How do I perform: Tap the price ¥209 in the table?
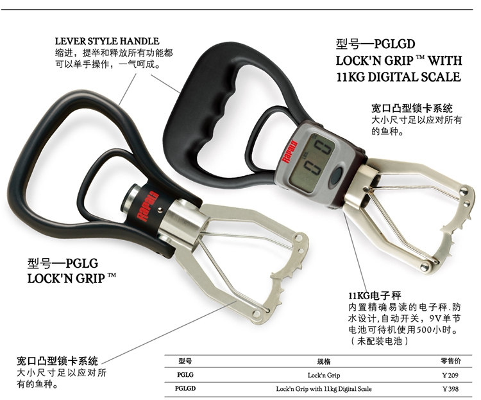(x=451, y=374)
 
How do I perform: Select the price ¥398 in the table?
(x=451, y=388)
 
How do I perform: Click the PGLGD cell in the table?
(x=186, y=388)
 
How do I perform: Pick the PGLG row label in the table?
(x=185, y=374)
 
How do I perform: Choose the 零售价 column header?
(x=451, y=361)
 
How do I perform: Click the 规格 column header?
(x=324, y=361)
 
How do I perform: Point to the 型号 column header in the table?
(x=185, y=361)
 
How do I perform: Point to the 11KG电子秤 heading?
(x=375, y=295)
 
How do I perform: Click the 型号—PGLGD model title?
(x=376, y=46)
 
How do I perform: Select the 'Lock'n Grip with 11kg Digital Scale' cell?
(x=324, y=388)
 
